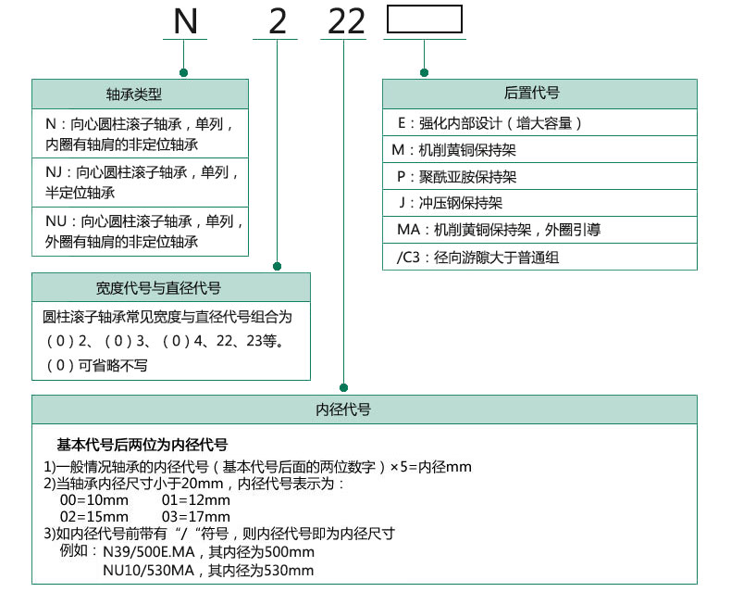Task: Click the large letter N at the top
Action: click(185, 21)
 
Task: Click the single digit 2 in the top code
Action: click(277, 21)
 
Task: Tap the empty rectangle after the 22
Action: click(424, 20)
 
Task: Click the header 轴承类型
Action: click(141, 94)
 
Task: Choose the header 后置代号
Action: click(539, 94)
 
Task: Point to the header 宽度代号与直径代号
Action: click(171, 288)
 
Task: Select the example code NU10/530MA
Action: click(150, 571)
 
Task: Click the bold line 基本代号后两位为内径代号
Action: click(142, 445)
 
